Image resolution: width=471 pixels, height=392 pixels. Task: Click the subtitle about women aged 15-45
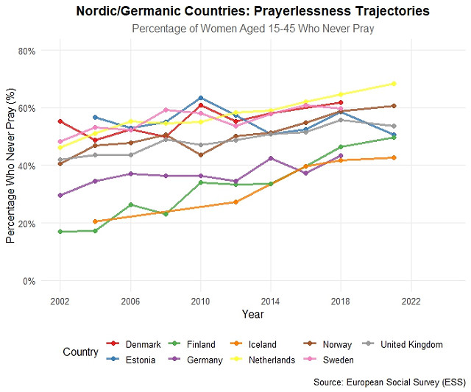pyautogui.click(x=252, y=29)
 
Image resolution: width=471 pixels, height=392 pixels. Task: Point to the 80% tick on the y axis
pyautogui.click(x=26, y=51)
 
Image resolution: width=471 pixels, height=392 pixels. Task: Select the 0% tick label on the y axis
pyautogui.click(x=29, y=281)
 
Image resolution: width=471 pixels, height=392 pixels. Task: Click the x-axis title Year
pyautogui.click(x=252, y=314)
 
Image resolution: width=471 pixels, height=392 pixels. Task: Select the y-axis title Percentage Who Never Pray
pyautogui.click(x=10, y=165)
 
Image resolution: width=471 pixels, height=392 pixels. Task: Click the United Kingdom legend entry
pyautogui.click(x=406, y=344)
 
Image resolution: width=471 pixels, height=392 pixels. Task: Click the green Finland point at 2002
pyautogui.click(x=60, y=232)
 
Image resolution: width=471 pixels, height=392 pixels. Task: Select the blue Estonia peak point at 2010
pyautogui.click(x=200, y=98)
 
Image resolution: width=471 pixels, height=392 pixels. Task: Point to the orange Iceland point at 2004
pyautogui.click(x=95, y=221)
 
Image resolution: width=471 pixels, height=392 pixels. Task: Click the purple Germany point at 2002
pyautogui.click(x=60, y=196)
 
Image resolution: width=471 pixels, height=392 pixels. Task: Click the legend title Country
pyautogui.click(x=80, y=352)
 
